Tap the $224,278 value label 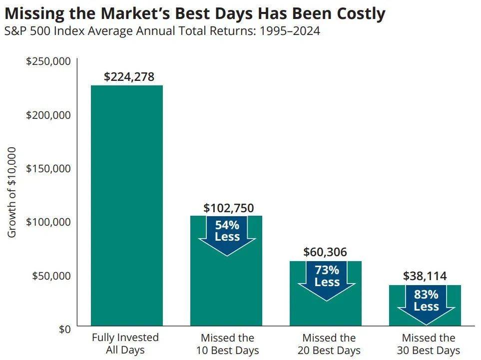(129, 77)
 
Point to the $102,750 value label (228, 208)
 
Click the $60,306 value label (325, 252)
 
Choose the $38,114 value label (425, 276)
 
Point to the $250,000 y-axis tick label (49, 61)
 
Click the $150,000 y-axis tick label (49, 168)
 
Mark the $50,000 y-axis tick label (51, 276)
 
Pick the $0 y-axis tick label (63, 329)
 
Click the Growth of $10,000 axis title (11, 192)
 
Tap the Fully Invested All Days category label (125, 344)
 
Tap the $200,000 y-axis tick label (49, 115)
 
